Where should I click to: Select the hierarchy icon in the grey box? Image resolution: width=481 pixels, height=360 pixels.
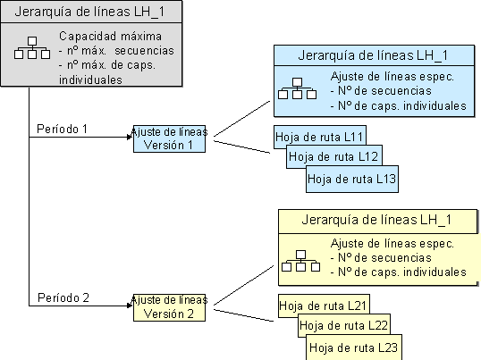31,49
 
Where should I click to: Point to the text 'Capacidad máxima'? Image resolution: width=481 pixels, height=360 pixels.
110,37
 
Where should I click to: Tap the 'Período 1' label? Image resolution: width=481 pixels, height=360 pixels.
62,129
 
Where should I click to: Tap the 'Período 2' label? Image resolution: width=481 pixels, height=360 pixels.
62,297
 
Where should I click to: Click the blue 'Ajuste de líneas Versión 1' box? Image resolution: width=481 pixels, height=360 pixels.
170,139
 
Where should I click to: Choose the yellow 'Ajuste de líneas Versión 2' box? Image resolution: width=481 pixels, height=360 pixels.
170,306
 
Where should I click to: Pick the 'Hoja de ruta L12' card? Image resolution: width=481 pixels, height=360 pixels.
328,157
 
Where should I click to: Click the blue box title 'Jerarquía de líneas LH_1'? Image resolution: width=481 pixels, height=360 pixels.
373,54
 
